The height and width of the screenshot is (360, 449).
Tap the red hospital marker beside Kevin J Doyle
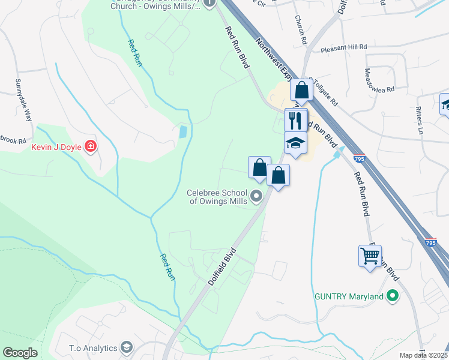(91, 146)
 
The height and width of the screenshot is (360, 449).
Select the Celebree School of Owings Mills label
(217, 197)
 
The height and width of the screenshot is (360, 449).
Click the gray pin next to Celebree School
(257, 196)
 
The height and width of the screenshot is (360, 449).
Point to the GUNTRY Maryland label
(349, 297)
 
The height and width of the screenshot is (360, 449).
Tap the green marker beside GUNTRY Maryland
(393, 296)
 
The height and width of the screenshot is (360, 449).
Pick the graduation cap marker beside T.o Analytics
(126, 347)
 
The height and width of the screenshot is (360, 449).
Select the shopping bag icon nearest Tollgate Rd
(302, 91)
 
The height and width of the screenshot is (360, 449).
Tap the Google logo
(20, 353)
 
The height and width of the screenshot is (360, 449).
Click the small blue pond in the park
(183, 131)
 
